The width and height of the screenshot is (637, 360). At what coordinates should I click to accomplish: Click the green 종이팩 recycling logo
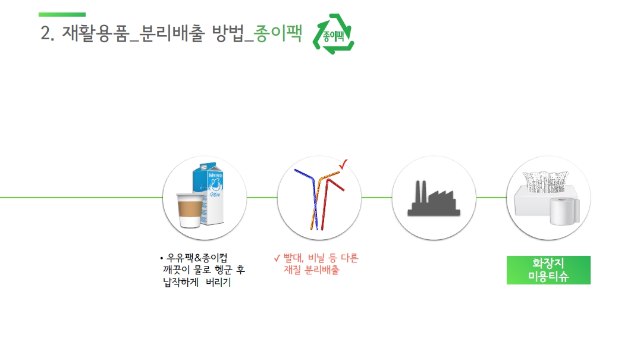pyautogui.click(x=334, y=35)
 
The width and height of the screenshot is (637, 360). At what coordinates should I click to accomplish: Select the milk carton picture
pyautogui.click(x=209, y=193)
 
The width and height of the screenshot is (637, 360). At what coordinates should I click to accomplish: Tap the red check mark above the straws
pyautogui.click(x=343, y=164)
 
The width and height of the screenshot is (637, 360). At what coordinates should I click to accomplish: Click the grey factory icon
pyautogui.click(x=434, y=199)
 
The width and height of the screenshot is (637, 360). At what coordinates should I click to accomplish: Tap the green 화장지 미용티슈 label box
pyautogui.click(x=548, y=270)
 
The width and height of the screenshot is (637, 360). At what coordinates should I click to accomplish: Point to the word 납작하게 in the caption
pyautogui.click(x=181, y=282)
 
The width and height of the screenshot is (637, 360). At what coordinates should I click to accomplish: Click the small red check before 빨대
pyautogui.click(x=277, y=258)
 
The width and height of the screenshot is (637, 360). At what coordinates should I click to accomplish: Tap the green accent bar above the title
pyautogui.click(x=62, y=14)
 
